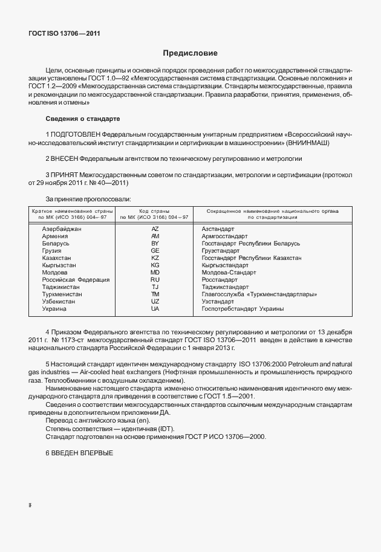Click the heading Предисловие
(x=190, y=53)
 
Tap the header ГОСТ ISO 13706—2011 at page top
(x=63, y=33)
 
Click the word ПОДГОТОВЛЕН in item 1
(x=76, y=133)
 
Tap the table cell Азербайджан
(x=61, y=230)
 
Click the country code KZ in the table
(x=154, y=258)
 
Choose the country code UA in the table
(x=154, y=308)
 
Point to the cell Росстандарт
(x=219, y=280)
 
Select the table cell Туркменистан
(x=62, y=294)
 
